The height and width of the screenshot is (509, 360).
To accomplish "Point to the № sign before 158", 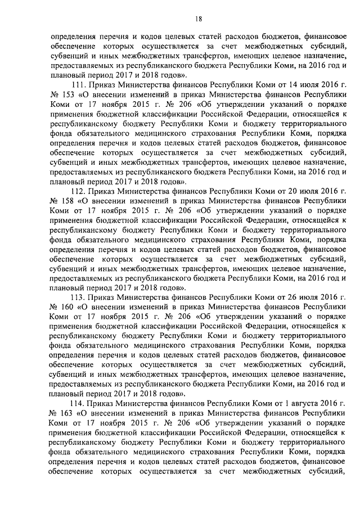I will click(54, 201).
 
